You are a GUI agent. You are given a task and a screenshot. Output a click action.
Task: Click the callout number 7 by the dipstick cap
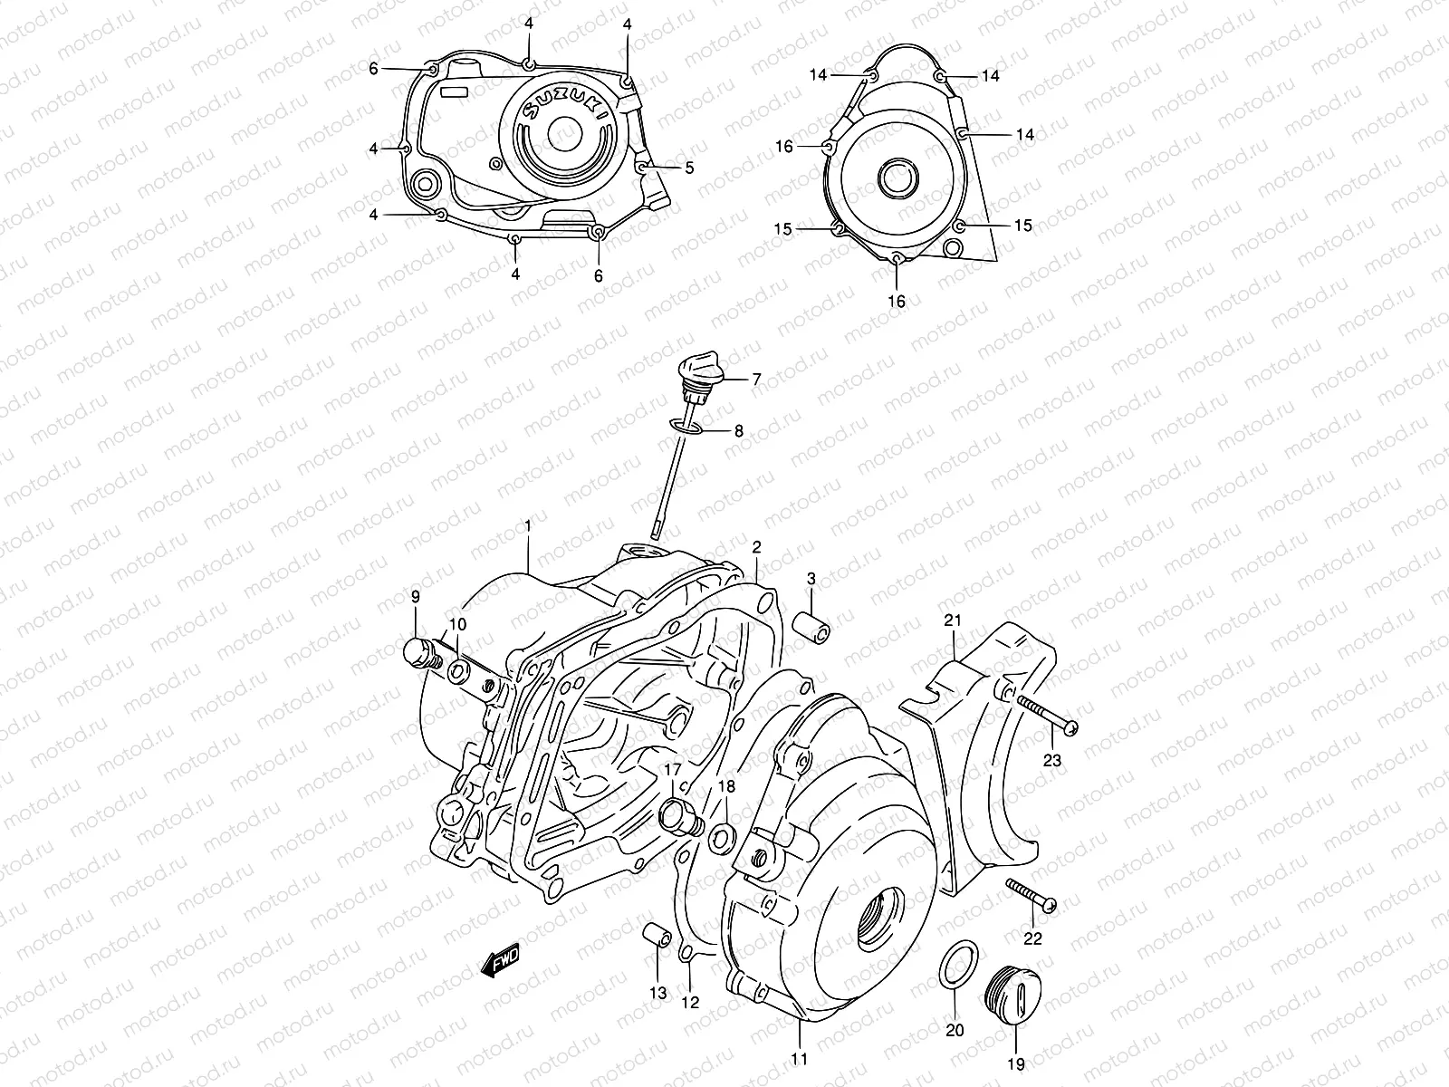(x=755, y=380)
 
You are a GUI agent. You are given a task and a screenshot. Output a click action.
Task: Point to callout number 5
(x=689, y=168)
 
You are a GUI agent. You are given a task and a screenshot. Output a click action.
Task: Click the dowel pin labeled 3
(x=811, y=627)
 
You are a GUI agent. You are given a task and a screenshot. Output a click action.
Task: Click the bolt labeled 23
(x=1047, y=716)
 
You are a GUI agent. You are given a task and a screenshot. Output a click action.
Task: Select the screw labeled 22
(x=1032, y=893)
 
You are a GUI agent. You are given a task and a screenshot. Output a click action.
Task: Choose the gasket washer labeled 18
(x=723, y=838)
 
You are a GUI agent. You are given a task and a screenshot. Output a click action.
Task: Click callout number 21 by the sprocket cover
(x=952, y=620)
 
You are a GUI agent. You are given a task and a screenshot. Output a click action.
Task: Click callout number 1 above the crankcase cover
(x=528, y=525)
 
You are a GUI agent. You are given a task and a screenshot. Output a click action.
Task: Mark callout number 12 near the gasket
(x=690, y=1003)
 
